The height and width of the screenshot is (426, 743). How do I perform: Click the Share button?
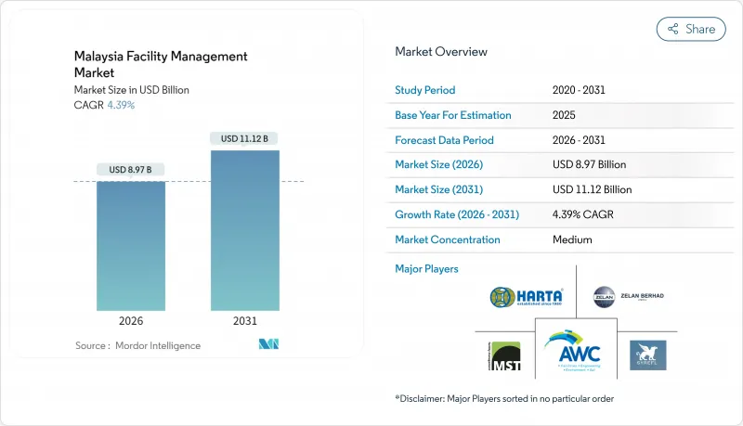point(691,29)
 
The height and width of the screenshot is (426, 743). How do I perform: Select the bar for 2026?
point(130,246)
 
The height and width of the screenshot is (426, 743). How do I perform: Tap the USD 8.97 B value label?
point(130,170)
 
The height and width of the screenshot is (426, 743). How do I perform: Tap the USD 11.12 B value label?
point(244,139)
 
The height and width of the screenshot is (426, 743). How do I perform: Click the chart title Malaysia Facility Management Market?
point(161,64)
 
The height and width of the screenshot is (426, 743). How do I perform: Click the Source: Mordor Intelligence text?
point(137,345)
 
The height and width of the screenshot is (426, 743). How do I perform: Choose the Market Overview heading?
point(440,52)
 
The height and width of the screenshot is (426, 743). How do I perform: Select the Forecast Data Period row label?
point(444,140)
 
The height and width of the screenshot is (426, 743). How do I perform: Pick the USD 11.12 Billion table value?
point(591,189)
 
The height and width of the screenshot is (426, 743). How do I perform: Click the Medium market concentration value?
point(573,239)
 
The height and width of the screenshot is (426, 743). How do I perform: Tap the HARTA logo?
point(527,298)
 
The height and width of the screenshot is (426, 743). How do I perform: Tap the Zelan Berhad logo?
point(629,297)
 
